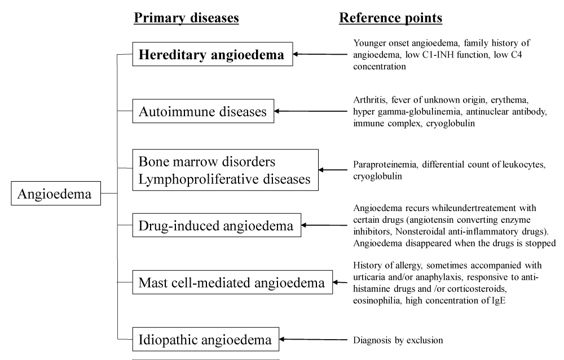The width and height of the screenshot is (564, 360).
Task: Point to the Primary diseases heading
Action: tap(186, 17)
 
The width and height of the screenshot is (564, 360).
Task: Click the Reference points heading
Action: tap(391, 17)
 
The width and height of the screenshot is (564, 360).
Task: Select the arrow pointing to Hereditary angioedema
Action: tap(320, 54)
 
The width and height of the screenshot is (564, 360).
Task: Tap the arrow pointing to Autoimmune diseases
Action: tap(311, 111)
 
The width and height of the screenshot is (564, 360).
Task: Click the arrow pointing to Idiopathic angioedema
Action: tap(313, 339)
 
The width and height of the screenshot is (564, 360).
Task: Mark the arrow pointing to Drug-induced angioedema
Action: tap(324, 225)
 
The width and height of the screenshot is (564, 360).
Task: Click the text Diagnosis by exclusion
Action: tap(398, 340)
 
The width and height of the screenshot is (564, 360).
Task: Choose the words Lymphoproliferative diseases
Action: tap(224, 179)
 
